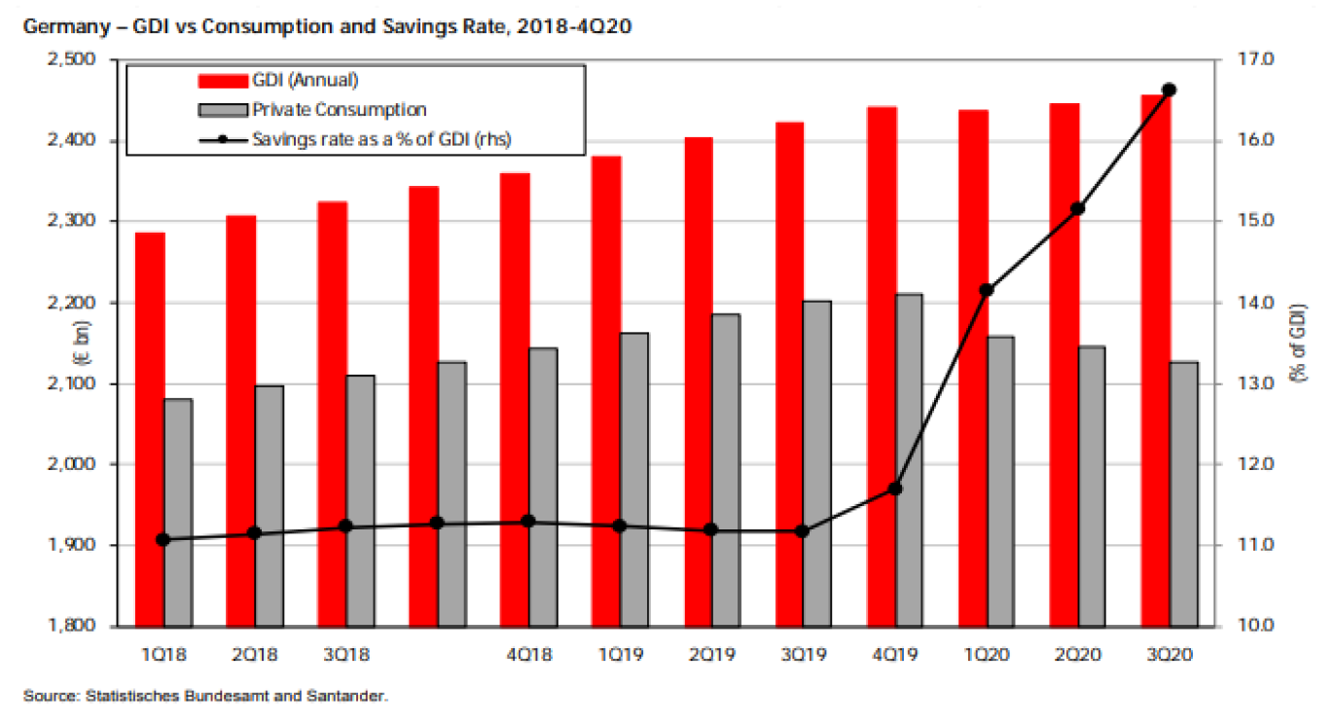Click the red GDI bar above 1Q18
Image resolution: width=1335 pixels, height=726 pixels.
(x=149, y=428)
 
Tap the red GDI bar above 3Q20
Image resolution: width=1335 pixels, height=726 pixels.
(x=1155, y=360)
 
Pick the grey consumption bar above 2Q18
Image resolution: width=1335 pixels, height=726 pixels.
(x=269, y=505)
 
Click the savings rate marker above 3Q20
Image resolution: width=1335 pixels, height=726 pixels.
(x=1170, y=90)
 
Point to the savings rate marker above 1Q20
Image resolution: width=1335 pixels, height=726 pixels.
(x=987, y=290)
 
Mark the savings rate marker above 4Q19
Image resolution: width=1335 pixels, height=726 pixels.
(x=895, y=489)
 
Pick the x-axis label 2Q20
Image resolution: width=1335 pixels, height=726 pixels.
(x=1077, y=654)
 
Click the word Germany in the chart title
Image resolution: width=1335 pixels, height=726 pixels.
(x=60, y=26)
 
